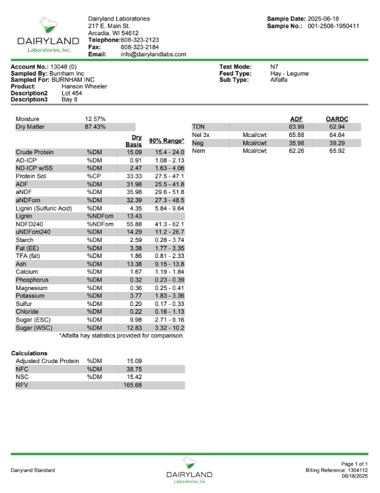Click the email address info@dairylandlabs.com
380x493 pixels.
(154, 54)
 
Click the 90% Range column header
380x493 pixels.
(166, 141)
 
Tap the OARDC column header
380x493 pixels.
(336, 119)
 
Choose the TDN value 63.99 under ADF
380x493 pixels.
(296, 127)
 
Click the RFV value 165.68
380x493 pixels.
(131, 386)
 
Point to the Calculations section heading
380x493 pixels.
(29, 353)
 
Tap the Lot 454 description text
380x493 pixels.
(72, 93)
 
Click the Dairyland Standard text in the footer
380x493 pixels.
(33, 471)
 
